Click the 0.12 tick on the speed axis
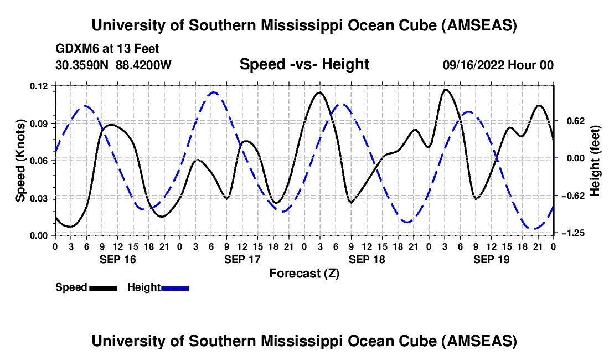pos(39,86)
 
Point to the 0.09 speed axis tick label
pos(39,123)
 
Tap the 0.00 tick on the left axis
pos(39,235)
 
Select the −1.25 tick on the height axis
pos(572,234)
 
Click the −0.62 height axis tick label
pos(572,196)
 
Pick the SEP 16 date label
pos(117,259)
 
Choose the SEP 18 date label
pos(367,259)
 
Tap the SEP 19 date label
pos(491,259)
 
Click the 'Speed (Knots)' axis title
pos(20,161)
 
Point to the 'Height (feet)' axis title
pos(595,161)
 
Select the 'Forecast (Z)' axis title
pos(304,273)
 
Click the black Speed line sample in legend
pos(102,287)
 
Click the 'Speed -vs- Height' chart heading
pos(304,65)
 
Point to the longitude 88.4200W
pos(143,65)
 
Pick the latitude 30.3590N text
pos(82,65)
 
